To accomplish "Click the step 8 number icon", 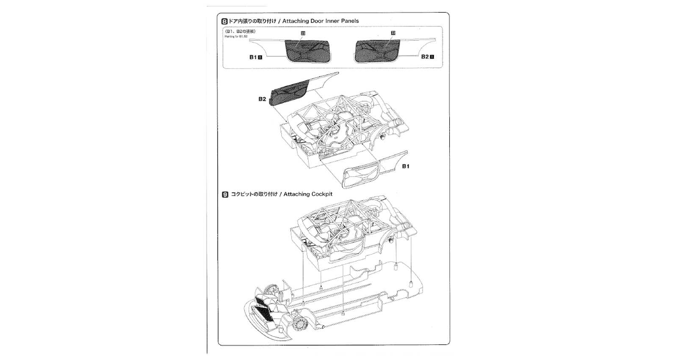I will click(225, 21).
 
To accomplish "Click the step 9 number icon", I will click(225, 194).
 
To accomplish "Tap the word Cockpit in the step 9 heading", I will click(322, 194).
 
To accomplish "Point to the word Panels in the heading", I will click(350, 21).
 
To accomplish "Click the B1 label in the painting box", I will click(253, 57).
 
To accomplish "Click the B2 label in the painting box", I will click(425, 56).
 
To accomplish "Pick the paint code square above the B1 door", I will click(303, 33).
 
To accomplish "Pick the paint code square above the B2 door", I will click(393, 33).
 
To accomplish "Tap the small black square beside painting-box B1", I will click(260, 57).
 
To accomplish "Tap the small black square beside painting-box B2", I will click(432, 56).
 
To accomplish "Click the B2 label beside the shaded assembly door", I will click(262, 99).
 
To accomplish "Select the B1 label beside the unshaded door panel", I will click(405, 166).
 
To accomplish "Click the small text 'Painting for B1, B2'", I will click(236, 36).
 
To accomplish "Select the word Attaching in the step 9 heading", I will click(296, 194).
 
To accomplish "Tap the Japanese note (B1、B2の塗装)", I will click(241, 31).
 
